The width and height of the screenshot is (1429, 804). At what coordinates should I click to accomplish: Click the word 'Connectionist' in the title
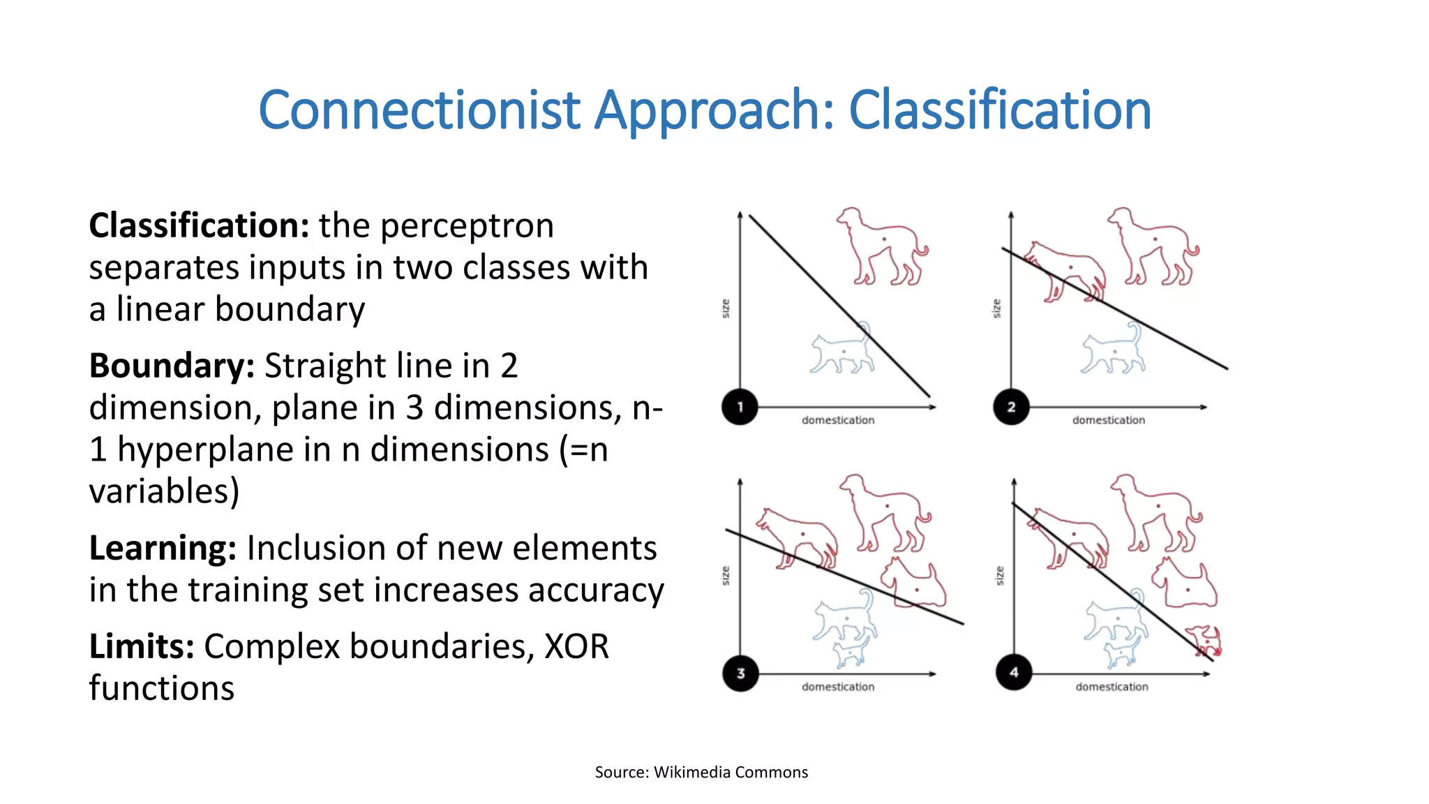419,110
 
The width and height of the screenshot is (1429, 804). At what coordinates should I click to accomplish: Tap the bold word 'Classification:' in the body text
199,225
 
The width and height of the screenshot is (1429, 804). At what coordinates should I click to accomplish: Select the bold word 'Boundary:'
172,366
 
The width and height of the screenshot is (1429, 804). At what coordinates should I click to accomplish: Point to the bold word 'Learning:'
163,548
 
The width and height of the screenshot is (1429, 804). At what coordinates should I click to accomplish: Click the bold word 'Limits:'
141,646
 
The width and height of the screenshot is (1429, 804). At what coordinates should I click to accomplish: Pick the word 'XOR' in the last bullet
576,646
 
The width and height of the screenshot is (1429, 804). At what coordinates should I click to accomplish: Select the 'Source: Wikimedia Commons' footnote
701,772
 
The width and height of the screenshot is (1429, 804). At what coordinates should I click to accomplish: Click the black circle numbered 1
740,406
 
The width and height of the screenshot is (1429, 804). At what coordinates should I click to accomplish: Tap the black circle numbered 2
1011,406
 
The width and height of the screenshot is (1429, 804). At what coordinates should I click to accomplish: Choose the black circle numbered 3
740,673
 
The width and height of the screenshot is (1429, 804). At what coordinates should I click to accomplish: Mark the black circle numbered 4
1014,672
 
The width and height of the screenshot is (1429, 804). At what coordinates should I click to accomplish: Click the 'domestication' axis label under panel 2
1109,420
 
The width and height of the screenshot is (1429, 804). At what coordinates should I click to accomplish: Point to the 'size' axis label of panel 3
726,575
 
